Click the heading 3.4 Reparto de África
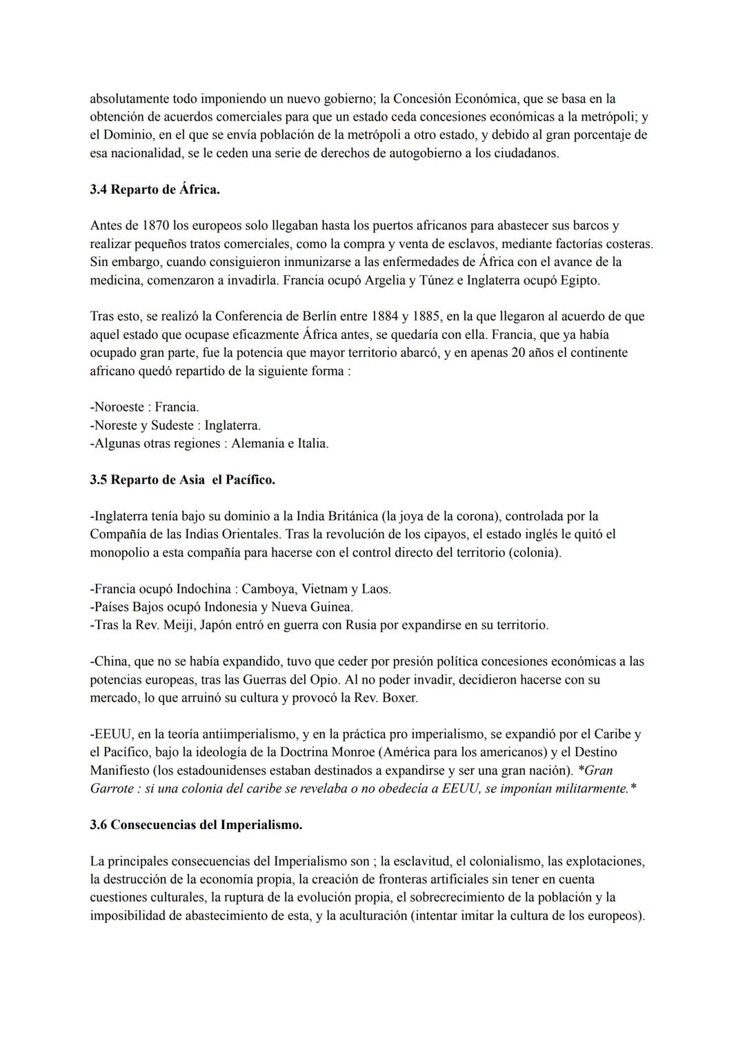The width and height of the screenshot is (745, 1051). click(155, 190)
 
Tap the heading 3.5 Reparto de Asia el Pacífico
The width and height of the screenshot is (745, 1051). click(182, 480)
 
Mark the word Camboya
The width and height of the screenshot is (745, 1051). click(268, 589)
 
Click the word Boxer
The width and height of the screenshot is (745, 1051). click(400, 697)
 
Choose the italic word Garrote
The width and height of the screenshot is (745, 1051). click(110, 788)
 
